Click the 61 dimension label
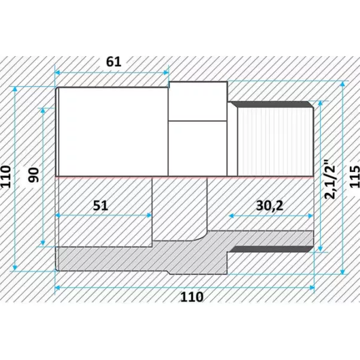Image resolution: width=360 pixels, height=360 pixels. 113,61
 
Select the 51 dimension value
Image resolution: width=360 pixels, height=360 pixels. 100,205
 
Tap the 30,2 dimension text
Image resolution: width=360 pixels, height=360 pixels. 269,205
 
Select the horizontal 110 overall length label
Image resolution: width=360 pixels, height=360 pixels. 192,297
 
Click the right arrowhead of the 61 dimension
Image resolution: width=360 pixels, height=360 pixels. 165,73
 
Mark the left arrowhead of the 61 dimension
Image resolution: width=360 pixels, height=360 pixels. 58,73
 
